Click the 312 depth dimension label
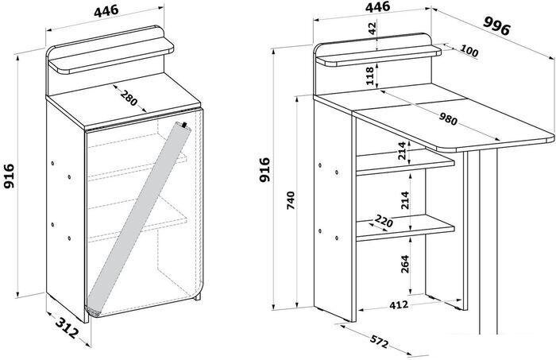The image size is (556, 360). tap(66, 327)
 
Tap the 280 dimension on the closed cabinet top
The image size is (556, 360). tap(129, 99)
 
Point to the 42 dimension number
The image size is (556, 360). tap(372, 29)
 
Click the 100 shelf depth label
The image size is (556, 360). tap(469, 51)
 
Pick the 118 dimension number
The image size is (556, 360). tap(370, 75)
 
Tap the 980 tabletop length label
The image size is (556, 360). tap(448, 119)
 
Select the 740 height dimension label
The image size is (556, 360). tap(291, 200)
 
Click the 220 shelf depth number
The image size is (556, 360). tap(384, 221)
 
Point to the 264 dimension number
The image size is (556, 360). tap(405, 264)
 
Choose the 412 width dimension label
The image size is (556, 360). tap(399, 304)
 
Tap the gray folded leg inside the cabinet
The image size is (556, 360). tap(139, 219)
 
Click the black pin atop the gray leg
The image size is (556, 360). tap(184, 125)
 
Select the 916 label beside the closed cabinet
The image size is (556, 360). tap(9, 176)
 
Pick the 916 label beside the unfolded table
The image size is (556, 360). tap(264, 170)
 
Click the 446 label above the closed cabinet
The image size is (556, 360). tap(106, 10)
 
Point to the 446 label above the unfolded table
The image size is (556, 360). tap(377, 6)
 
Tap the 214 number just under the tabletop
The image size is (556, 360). tap(401, 151)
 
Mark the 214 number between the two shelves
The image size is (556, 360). tap(405, 200)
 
